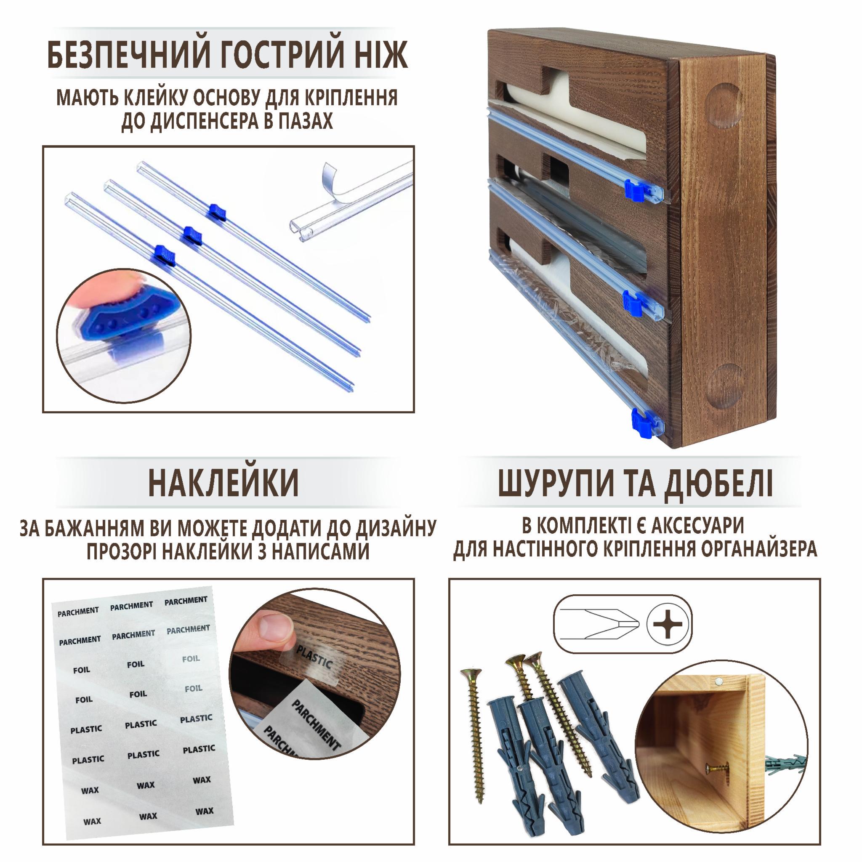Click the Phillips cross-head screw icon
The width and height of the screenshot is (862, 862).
click(x=668, y=624)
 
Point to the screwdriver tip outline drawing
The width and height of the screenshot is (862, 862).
click(x=599, y=623)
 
